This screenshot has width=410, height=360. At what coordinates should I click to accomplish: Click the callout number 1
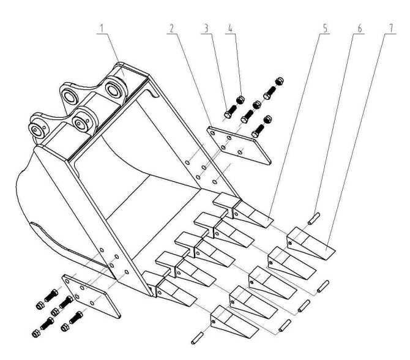click(x=102, y=28)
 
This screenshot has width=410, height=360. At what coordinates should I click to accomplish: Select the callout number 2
click(x=171, y=28)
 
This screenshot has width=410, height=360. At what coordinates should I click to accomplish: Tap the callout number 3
click(x=207, y=28)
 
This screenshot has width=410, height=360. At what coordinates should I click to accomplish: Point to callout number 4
click(x=230, y=28)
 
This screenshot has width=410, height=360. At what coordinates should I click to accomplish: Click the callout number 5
click(x=326, y=28)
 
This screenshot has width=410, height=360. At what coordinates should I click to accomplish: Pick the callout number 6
click(x=360, y=28)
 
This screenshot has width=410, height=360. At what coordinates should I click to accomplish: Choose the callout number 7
click(x=392, y=28)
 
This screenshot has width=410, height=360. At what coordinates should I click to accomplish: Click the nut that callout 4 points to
click(x=240, y=100)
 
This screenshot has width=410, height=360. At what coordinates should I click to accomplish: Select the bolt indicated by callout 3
click(x=230, y=111)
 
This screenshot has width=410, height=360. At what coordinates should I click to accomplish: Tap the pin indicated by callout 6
click(x=314, y=219)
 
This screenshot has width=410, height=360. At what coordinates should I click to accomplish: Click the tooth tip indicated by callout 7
click(x=311, y=243)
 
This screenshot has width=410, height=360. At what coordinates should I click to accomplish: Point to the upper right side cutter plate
click(x=239, y=145)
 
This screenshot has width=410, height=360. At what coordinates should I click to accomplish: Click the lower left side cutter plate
click(x=91, y=296)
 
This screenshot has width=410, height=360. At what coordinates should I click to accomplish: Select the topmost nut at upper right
click(x=280, y=81)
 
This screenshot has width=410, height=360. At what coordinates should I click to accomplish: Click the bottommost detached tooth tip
click(x=234, y=322)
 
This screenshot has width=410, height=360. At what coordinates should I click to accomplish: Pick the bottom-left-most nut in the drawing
click(x=36, y=333)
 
